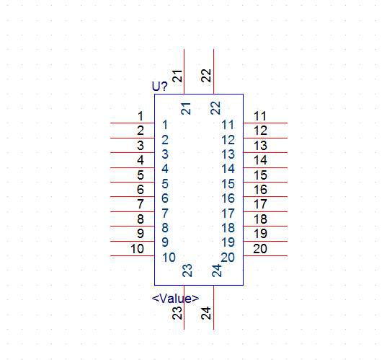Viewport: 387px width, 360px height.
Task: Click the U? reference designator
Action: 160,87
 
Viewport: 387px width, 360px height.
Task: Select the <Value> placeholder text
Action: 175,299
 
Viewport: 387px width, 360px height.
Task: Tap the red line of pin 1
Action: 133,123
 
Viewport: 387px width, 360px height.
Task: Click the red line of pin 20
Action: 265,255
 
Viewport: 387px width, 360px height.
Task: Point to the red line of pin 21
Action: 184,71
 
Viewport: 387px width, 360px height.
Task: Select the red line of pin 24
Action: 213,307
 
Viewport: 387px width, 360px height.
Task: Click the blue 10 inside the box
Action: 169,258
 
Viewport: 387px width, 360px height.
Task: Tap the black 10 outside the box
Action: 137,249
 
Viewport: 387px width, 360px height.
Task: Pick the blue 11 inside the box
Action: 228,125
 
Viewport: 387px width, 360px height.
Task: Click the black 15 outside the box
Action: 260,175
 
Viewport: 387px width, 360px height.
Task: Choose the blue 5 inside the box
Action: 165,184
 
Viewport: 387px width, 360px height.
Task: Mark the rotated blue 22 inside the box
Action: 215,108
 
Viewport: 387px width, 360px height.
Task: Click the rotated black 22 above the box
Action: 206,76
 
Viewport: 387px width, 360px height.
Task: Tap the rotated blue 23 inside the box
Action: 187,271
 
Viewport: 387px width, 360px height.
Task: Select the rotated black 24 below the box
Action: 206,313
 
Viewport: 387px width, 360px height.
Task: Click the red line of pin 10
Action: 133,255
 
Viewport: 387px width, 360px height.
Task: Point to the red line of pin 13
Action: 265,152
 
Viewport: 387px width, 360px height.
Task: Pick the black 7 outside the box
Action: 141,204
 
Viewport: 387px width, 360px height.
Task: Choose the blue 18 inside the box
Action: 228,228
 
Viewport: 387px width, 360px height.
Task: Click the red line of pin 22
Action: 213,71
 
